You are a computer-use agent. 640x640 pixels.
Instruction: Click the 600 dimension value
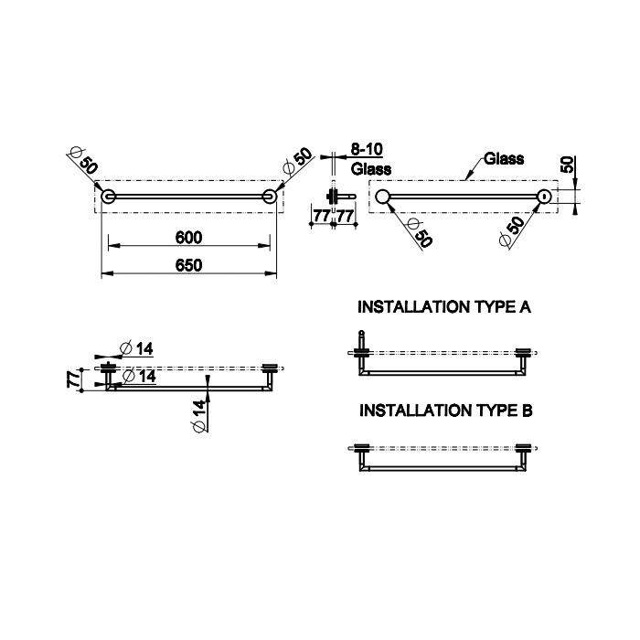point(188,237)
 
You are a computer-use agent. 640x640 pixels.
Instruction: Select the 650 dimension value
point(188,265)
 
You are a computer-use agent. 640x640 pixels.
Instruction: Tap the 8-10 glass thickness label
point(367,149)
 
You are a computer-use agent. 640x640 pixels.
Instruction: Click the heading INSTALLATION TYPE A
point(444,307)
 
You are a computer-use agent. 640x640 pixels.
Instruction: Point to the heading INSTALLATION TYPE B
point(446,411)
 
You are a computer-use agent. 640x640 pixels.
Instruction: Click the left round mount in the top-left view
point(109,197)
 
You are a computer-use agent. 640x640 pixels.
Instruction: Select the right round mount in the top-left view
point(270,197)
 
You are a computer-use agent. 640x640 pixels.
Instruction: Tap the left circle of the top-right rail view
point(382,197)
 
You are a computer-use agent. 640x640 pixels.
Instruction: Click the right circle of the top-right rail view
point(544,197)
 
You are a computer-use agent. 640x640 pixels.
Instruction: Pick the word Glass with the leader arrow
point(504,159)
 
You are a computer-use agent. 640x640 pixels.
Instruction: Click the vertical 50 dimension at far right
point(567,165)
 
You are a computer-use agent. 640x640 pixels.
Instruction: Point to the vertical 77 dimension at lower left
point(73,379)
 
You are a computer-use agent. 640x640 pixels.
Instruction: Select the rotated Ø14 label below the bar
point(198,416)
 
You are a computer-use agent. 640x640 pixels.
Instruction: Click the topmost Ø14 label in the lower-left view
point(137,349)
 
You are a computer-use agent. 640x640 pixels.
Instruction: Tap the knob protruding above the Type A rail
point(361,338)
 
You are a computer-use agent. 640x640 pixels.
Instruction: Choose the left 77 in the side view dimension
point(321,216)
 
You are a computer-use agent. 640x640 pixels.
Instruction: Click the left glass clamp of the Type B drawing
point(362,448)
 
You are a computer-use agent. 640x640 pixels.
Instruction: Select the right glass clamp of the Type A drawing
point(523,353)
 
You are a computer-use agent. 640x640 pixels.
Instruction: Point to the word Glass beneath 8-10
point(371,168)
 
